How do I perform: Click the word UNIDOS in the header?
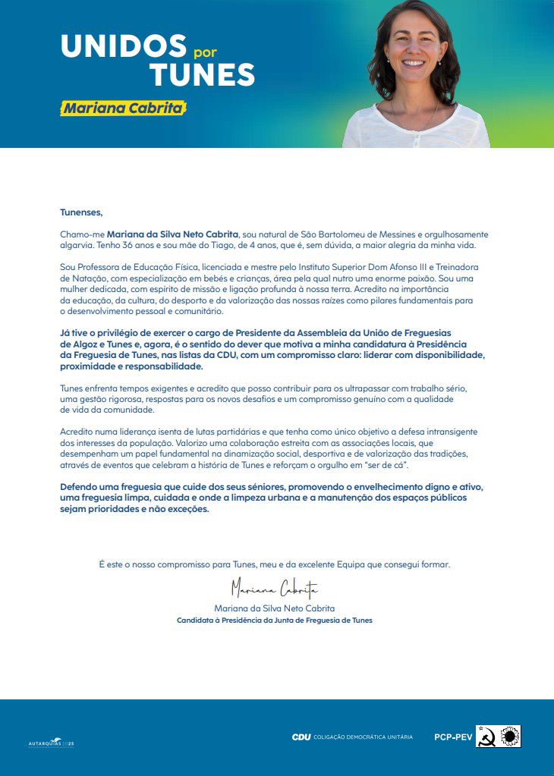[123, 46]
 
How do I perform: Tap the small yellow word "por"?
[206, 55]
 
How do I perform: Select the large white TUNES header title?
[202, 74]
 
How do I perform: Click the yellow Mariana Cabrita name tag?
[123, 108]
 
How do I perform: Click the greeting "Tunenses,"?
[80, 213]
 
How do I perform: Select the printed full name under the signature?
[274, 608]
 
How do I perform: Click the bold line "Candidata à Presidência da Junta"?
[274, 620]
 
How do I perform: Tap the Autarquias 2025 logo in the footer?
[51, 742]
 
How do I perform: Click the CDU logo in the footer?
[301, 737]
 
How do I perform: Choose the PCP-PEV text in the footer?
[453, 737]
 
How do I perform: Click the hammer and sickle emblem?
[486, 737]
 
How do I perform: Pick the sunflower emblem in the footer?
[510, 736]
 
